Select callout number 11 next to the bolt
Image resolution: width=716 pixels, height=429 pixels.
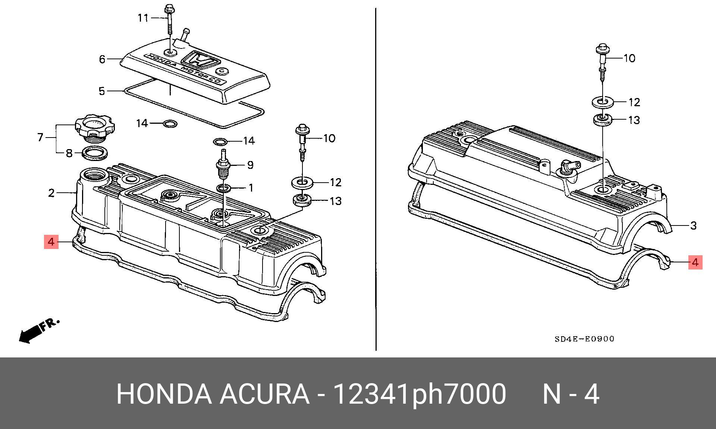click(143, 18)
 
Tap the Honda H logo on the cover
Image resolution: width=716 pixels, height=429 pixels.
click(199, 60)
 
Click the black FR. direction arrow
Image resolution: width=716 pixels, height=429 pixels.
click(31, 333)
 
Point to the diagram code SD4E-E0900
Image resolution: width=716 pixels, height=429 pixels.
click(584, 339)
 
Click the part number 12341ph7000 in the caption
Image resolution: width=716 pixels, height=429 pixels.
click(419, 394)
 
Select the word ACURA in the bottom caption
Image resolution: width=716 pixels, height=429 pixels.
click(264, 394)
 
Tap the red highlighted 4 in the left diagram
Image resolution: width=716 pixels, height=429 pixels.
click(51, 242)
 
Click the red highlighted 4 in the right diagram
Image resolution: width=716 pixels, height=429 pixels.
click(695, 262)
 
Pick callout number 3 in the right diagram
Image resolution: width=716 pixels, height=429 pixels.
click(693, 225)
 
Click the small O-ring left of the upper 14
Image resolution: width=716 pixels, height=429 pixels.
click(170, 123)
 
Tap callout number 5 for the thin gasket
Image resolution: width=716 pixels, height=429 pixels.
click(102, 91)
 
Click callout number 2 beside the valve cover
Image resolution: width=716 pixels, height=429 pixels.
click(51, 193)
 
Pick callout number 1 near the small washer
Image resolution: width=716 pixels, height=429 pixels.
click(251, 187)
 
